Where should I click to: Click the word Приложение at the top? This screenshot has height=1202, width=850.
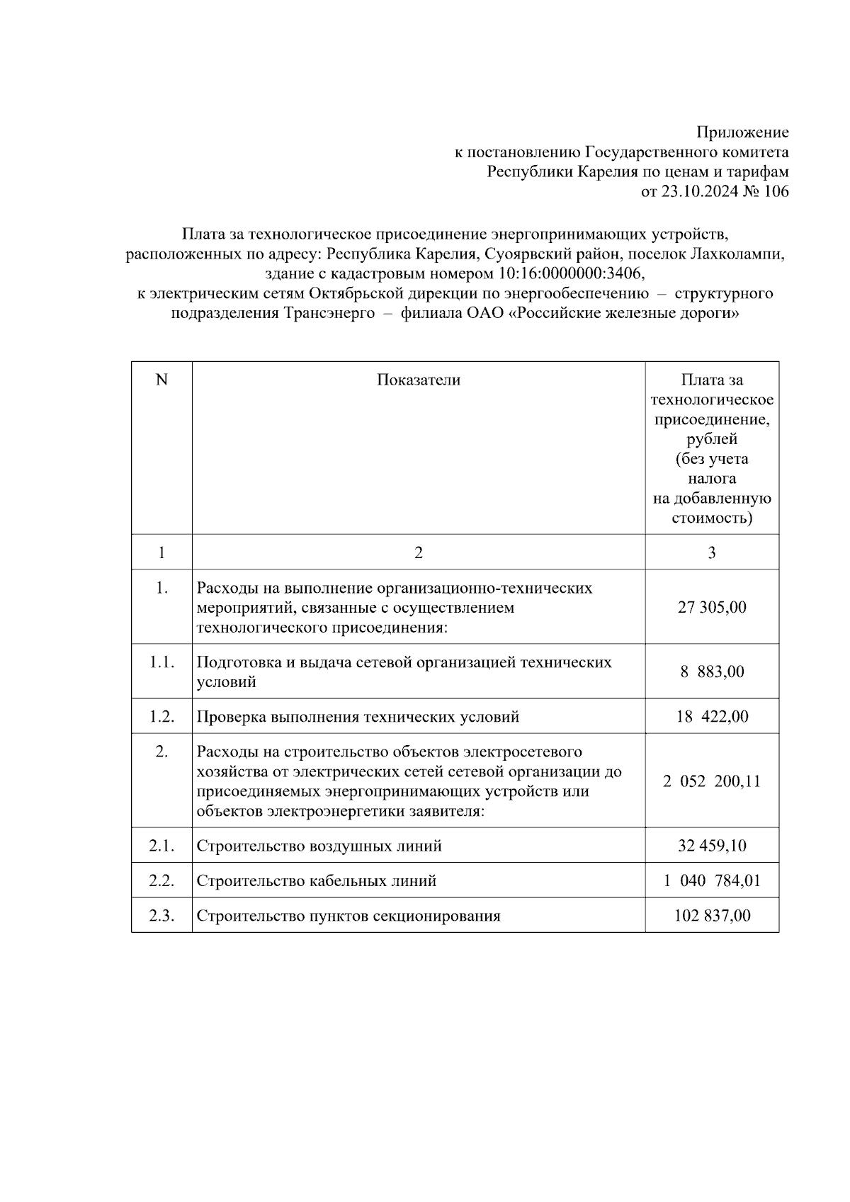742,132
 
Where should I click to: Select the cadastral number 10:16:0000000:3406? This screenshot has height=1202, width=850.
569,273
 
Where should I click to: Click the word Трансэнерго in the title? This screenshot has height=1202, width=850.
329,313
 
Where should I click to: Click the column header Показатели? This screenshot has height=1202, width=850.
418,380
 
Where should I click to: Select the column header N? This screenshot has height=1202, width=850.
161,380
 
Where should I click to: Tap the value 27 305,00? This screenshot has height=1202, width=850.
712,608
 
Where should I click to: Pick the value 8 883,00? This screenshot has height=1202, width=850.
712,672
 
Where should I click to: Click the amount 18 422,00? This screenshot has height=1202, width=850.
712,717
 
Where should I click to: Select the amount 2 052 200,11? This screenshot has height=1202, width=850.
712,781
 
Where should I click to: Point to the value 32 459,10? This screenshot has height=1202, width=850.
712,846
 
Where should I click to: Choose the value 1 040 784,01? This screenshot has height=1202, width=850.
712,881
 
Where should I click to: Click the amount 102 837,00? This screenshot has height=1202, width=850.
712,916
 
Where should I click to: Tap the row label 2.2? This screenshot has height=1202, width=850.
161,881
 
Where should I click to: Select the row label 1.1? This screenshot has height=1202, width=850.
161,662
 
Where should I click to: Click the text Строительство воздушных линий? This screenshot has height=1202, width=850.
319,846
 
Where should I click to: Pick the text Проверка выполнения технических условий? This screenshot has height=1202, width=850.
358,718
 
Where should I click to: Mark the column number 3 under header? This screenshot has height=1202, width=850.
712,553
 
